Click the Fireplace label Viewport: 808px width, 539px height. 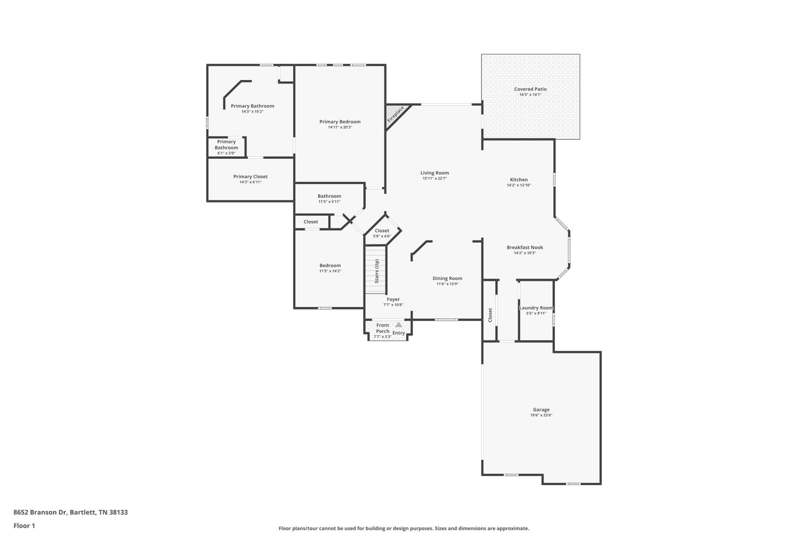[396, 114]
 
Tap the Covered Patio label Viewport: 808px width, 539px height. [530, 89]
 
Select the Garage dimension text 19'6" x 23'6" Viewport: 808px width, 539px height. [541, 415]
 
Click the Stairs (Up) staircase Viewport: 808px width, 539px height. [375, 270]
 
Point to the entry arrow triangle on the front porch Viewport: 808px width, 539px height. [399, 325]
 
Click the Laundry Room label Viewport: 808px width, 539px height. [536, 308]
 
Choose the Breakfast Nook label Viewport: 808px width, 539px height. [525, 248]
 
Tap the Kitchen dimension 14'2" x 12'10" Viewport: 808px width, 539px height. [519, 185]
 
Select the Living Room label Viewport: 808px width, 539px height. [435, 173]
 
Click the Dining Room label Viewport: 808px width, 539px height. [447, 278]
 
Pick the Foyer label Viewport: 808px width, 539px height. [393, 299]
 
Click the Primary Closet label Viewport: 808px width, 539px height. [250, 177]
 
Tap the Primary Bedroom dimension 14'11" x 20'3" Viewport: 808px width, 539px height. [340, 127]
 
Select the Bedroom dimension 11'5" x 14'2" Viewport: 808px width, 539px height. [330, 271]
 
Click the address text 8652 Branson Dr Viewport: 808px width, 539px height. [40, 512]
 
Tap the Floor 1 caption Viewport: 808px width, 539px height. [24, 526]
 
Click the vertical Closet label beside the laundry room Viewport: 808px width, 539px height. [490, 315]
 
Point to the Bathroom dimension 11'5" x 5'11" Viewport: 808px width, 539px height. [330, 202]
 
